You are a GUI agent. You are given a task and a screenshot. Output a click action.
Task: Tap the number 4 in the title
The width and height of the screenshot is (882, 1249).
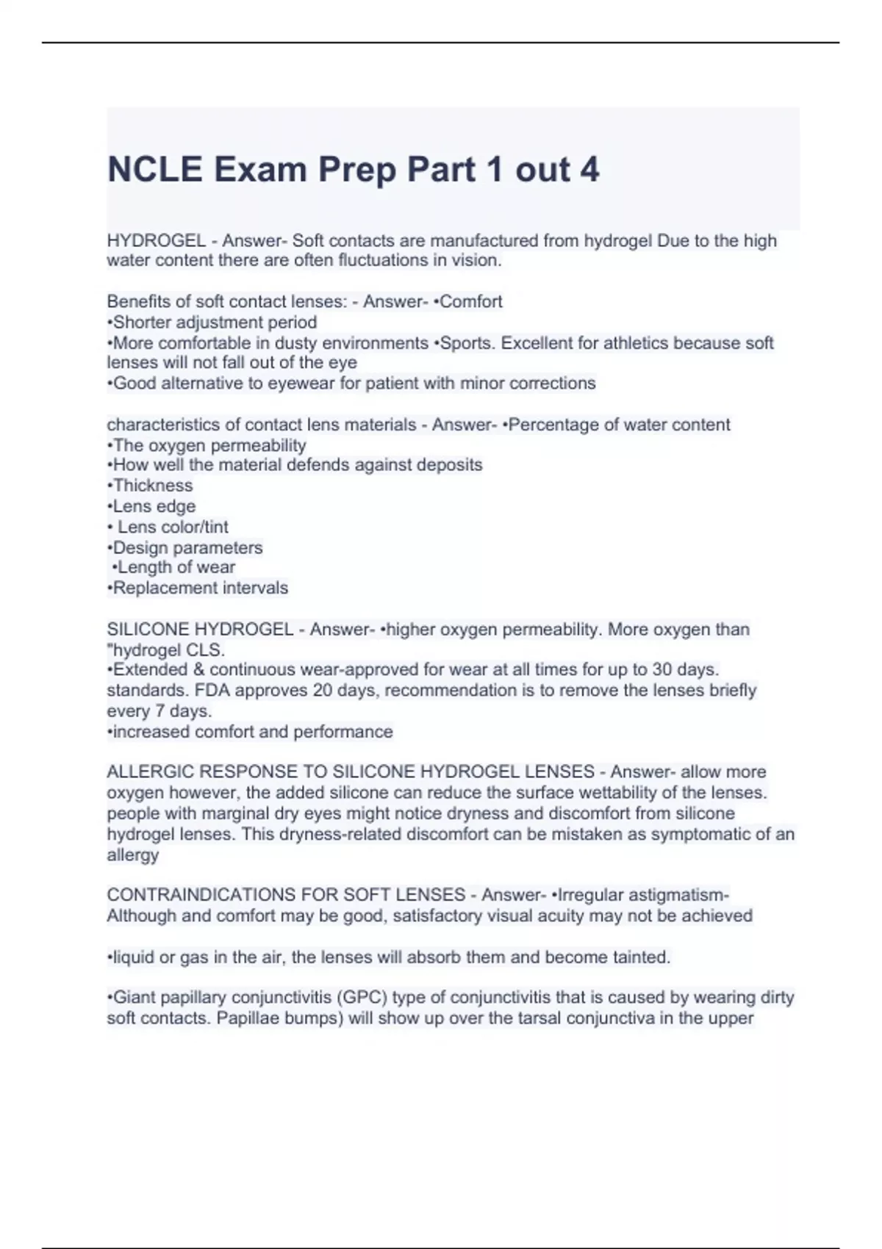(589, 170)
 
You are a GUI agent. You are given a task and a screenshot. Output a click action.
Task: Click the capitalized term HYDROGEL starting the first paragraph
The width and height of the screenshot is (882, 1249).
(156, 241)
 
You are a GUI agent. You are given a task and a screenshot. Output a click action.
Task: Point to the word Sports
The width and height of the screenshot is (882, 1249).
(467, 343)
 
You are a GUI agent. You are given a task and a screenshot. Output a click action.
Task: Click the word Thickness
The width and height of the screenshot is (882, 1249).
(153, 486)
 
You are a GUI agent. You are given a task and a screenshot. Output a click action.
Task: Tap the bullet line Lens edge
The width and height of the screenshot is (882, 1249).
(151, 506)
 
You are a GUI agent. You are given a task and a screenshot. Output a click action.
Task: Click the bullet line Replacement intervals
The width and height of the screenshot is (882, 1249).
(198, 588)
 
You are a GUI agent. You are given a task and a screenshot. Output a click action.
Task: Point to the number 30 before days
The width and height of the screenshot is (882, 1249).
(663, 670)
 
